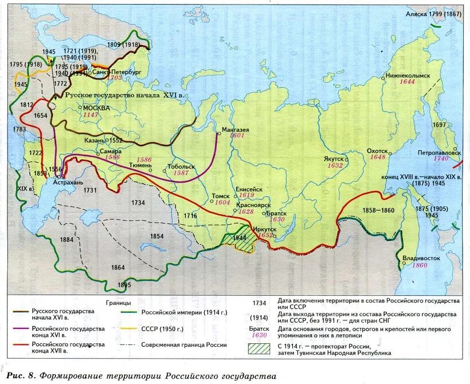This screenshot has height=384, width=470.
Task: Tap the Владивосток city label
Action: (421, 258)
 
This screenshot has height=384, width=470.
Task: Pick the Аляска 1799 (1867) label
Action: (433, 14)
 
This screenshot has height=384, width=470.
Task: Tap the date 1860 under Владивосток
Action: (420, 265)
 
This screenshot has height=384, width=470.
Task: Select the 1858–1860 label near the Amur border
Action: (378, 210)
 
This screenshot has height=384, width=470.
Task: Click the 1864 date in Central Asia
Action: (118, 267)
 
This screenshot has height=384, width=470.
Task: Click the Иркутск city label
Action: (264, 228)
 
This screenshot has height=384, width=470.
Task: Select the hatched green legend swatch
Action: (261, 348)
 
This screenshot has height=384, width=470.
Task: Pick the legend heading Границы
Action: (118, 302)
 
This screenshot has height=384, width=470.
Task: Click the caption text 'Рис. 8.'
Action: (22, 375)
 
